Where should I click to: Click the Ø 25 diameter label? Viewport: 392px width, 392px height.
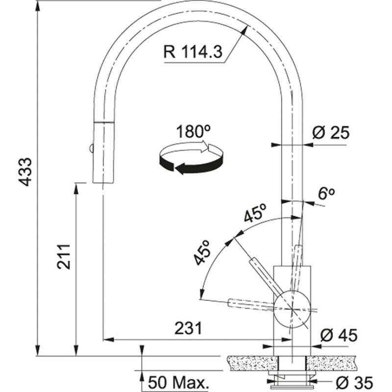tap(331, 132)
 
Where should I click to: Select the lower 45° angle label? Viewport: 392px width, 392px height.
tap(202, 252)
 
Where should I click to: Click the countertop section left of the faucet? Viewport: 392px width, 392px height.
tap(250, 363)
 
